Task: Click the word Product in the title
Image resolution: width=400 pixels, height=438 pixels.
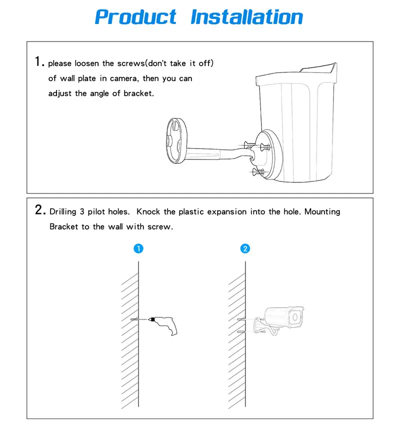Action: point(135,17)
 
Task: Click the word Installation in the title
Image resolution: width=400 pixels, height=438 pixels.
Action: point(246,17)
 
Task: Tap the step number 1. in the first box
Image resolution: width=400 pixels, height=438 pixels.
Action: point(39,61)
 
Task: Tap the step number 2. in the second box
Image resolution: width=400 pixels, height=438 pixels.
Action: point(40,209)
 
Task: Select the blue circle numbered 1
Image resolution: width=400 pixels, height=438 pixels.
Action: point(138,248)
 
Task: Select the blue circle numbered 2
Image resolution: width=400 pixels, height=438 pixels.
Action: point(245,248)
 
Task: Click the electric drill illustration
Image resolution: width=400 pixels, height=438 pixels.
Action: point(165,325)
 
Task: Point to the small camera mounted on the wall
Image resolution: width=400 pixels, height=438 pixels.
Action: point(279,320)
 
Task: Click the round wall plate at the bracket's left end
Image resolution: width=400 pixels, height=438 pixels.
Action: point(176,140)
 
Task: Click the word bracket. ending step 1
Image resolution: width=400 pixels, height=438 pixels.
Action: point(139,93)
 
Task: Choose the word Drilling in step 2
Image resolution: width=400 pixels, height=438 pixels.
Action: point(63,211)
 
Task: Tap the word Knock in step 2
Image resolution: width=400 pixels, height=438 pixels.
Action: point(148,211)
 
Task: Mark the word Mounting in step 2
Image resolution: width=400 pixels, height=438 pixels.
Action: point(322,211)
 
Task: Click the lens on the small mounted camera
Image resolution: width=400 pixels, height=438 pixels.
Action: point(295,317)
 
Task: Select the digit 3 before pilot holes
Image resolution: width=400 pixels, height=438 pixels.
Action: point(82,211)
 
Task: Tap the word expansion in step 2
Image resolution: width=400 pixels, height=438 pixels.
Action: point(227,212)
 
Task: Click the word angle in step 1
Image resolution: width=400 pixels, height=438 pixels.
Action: point(99,93)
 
